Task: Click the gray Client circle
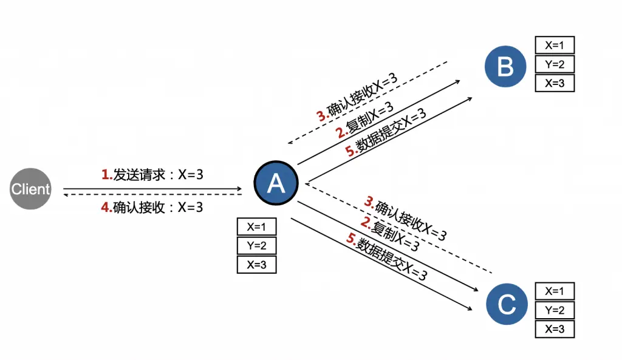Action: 30,189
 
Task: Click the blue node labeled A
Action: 276,183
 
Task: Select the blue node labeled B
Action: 505,66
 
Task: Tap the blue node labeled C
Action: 507,305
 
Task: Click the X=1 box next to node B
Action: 555,46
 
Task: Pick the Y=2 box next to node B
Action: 555,64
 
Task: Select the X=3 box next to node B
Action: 555,83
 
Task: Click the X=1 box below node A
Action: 256,227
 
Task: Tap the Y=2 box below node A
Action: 256,246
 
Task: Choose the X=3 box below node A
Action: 256,265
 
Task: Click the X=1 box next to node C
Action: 555,291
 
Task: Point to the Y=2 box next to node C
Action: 555,310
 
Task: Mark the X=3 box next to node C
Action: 555,329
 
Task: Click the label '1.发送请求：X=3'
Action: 152,175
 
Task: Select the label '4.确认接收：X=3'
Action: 152,207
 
